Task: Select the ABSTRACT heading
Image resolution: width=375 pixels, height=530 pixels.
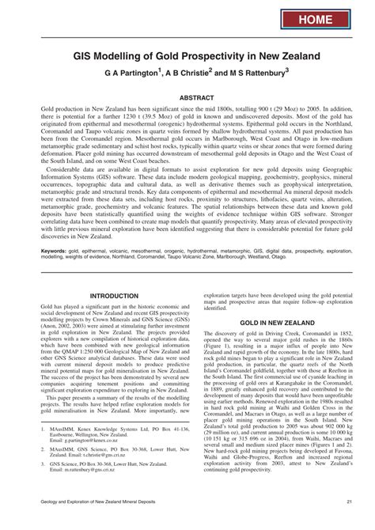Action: click(187, 98)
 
